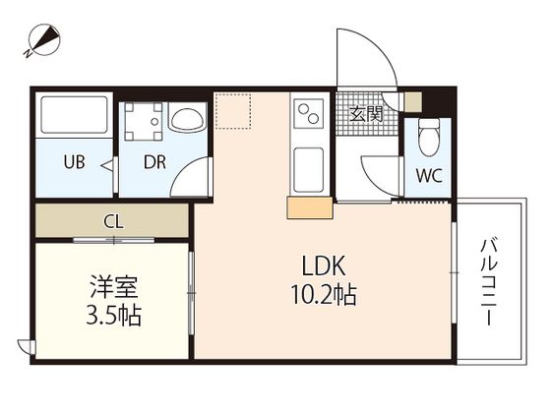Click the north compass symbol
pos(44,40)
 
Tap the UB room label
pos(74,162)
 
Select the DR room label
pos(154,162)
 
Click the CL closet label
pos(113,222)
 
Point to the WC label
pos(429,176)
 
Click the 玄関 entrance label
pos(366,113)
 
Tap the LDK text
pos(324,265)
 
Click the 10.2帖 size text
pos(324,294)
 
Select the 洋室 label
pos(113,286)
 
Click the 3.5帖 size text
pos(113,315)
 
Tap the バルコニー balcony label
pos(490,282)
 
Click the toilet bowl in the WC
pos(429,138)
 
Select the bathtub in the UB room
pos(74,115)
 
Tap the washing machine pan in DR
pos(143,121)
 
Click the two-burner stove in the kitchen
pos(309,113)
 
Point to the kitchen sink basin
pos(308,170)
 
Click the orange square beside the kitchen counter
pos(310,207)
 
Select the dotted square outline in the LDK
pos(232,110)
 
